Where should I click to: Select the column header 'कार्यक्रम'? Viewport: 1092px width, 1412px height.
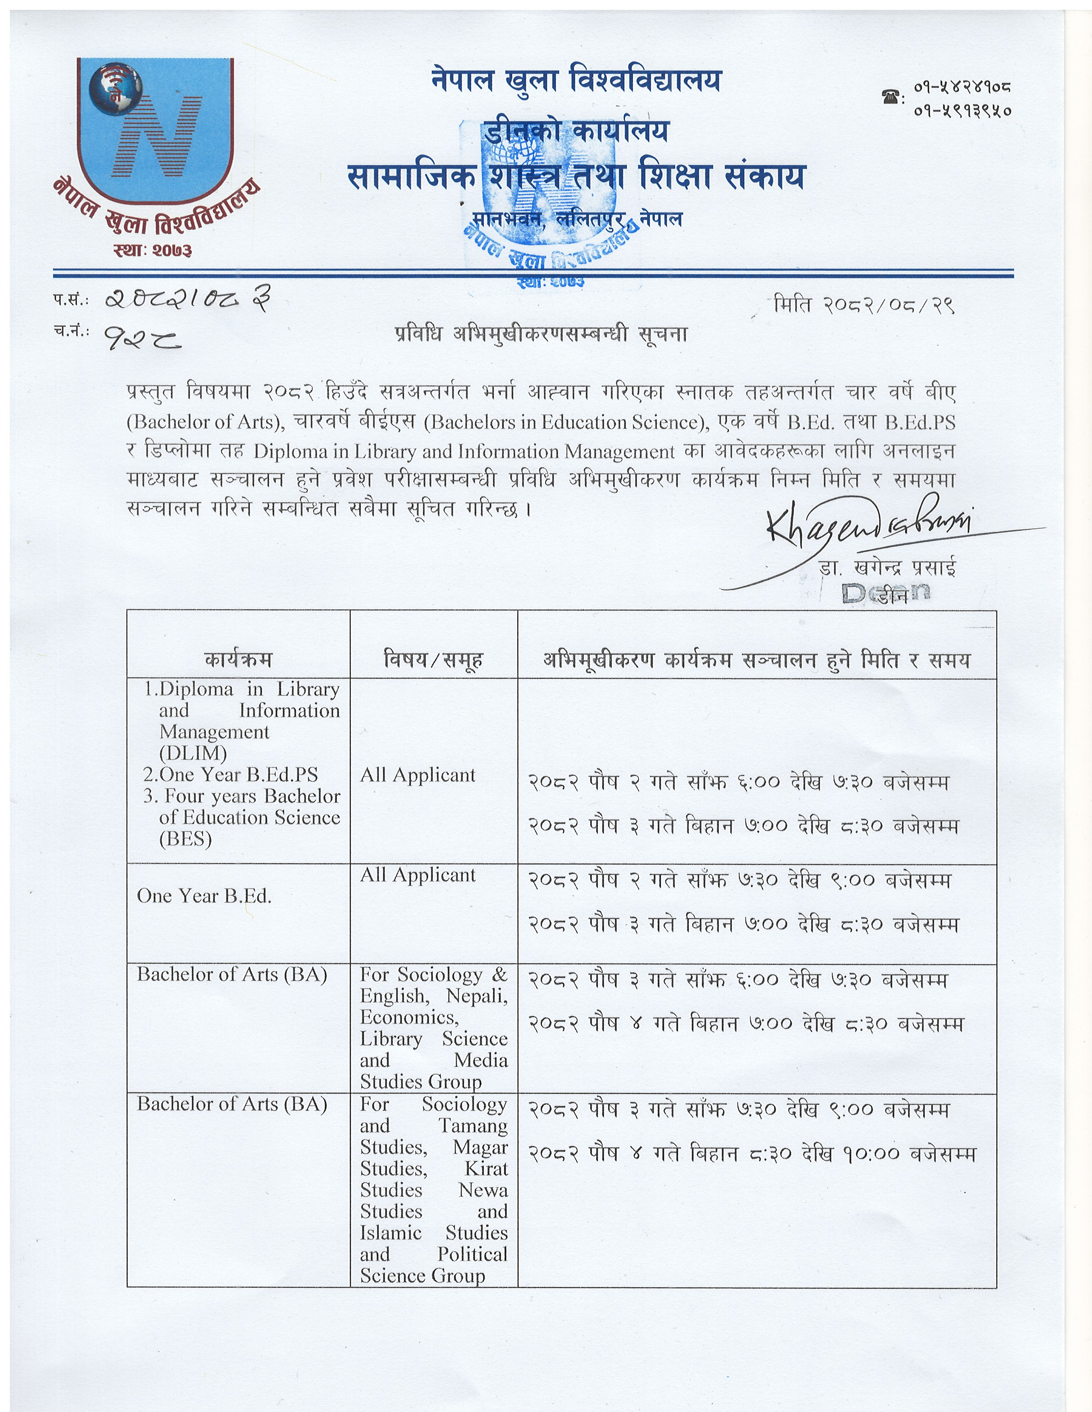pos(238,659)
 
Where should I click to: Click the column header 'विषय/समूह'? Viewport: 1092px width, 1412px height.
pos(433,659)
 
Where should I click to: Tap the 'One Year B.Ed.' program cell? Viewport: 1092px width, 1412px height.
pos(204,896)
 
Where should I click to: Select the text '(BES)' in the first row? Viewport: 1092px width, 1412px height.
pos(186,839)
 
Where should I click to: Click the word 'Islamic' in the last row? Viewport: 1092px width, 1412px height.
pos(391,1232)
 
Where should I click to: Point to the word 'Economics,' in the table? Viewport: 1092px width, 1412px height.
pos(409,1017)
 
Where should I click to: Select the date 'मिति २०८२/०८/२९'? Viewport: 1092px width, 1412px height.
pos(864,304)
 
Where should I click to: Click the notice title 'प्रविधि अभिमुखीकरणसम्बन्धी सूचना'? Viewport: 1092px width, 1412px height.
pos(541,334)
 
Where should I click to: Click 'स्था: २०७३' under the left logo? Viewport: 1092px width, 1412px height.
pos(153,249)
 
